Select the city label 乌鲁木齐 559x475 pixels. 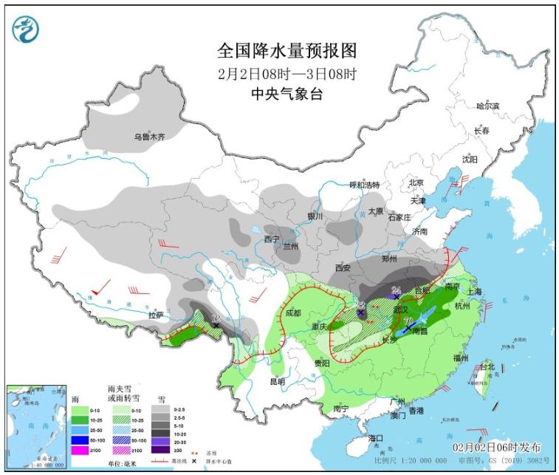click(149, 137)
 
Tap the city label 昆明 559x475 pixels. click(277, 381)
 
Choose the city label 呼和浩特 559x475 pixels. click(364, 185)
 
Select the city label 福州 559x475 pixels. click(461, 357)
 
